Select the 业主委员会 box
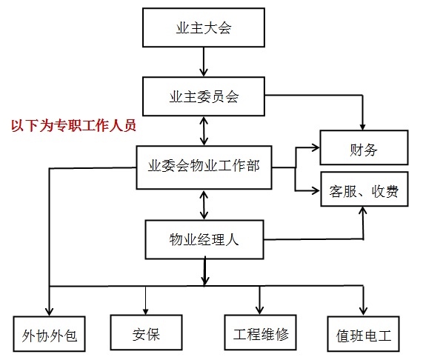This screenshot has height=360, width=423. pyautogui.click(x=203, y=96)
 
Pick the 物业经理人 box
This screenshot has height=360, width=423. pyautogui.click(x=203, y=239)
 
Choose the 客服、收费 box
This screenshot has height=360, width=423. pyautogui.click(x=363, y=192)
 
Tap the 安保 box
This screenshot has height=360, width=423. pyautogui.click(x=146, y=334)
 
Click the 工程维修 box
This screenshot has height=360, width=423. pyautogui.click(x=260, y=334)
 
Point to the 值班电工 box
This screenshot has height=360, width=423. pyautogui.click(x=364, y=336)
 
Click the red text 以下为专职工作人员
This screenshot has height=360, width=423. pyautogui.click(x=73, y=126)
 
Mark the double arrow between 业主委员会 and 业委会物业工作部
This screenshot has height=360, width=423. pyautogui.click(x=203, y=130)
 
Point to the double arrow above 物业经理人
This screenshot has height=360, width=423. pyautogui.click(x=203, y=204)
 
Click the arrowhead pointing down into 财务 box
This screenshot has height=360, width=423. pyautogui.click(x=362, y=125)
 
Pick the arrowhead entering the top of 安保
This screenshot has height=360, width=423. pyautogui.click(x=146, y=310)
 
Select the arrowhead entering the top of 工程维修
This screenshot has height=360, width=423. pyautogui.click(x=260, y=310)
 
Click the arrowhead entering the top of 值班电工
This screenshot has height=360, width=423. pyautogui.click(x=363, y=310)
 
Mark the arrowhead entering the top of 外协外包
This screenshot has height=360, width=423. pyautogui.click(x=49, y=311)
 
